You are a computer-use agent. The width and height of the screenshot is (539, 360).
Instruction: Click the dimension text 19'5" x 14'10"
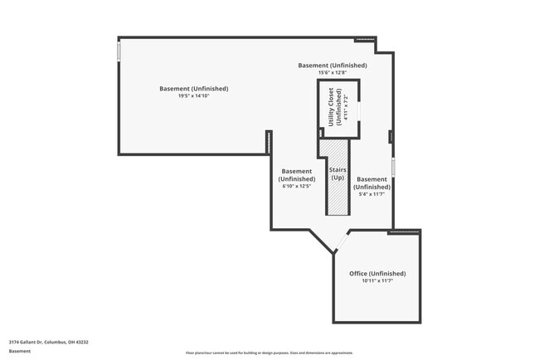click(193, 96)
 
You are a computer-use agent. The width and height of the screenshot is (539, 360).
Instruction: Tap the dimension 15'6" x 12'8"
click(332, 73)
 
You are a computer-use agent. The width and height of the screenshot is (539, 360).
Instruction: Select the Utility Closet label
click(332, 107)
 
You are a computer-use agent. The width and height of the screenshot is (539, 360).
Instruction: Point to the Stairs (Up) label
click(337, 173)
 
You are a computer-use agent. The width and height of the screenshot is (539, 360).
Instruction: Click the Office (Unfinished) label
click(377, 273)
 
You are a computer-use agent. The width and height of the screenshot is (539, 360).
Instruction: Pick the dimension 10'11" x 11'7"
click(377, 281)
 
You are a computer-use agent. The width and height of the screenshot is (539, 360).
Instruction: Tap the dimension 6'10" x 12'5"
click(296, 187)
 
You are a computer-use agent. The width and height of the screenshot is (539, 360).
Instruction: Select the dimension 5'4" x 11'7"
click(371, 195)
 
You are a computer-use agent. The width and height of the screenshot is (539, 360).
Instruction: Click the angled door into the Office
click(342, 243)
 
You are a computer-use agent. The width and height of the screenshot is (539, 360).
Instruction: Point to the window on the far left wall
click(119, 51)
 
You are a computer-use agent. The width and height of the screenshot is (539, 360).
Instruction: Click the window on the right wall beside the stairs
click(393, 167)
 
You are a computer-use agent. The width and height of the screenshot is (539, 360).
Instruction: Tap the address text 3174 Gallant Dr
click(49, 342)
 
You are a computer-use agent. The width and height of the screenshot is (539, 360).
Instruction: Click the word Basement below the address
click(20, 351)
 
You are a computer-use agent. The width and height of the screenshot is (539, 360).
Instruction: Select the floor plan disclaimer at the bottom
click(269, 353)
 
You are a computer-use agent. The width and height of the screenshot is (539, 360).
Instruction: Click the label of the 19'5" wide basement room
click(193, 89)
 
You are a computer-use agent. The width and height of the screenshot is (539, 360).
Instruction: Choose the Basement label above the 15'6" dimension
click(332, 65)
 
